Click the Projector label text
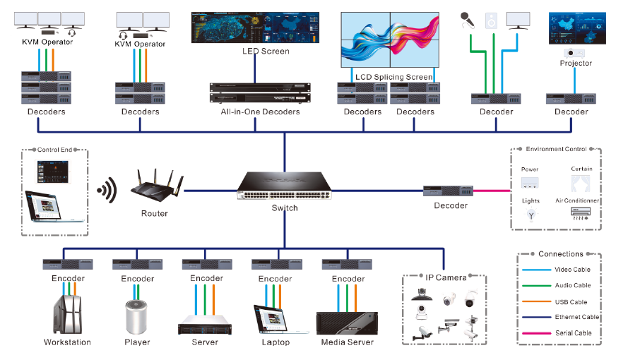(x=576, y=64)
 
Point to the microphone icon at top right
(x=467, y=19)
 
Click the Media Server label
(x=347, y=342)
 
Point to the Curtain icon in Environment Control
(x=581, y=184)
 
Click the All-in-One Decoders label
(x=260, y=112)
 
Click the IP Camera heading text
(x=446, y=277)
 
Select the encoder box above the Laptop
(x=276, y=265)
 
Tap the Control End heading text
(x=53, y=150)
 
